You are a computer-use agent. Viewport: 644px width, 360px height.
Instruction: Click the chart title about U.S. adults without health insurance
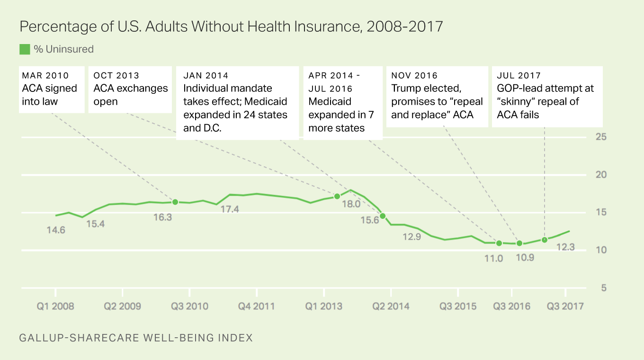click(231, 27)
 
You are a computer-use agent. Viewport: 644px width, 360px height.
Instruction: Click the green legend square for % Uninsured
click(25, 49)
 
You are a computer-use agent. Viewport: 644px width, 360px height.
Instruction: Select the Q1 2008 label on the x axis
click(56, 306)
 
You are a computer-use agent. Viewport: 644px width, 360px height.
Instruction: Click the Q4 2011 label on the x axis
click(256, 306)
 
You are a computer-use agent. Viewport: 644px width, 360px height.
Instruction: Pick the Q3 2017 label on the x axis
click(565, 306)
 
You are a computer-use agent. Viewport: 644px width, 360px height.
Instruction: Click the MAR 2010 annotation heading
click(45, 76)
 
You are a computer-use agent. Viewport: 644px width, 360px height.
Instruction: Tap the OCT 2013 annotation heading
click(116, 76)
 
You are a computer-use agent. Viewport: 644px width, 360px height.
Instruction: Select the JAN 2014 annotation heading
click(206, 76)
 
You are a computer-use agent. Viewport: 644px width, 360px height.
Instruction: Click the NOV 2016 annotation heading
click(414, 76)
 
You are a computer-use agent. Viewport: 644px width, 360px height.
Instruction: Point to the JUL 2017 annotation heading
click(519, 76)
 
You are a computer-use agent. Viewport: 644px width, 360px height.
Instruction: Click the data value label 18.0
click(351, 204)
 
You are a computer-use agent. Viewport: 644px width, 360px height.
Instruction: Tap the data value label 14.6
click(56, 230)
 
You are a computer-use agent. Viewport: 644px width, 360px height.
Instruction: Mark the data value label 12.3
click(565, 247)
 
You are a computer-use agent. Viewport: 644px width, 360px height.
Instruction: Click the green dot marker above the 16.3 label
click(175, 202)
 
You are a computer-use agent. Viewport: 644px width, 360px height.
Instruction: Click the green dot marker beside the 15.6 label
click(383, 216)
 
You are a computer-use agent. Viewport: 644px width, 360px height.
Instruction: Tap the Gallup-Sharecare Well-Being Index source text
click(136, 338)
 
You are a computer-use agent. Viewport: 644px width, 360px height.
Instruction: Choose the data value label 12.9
click(411, 237)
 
